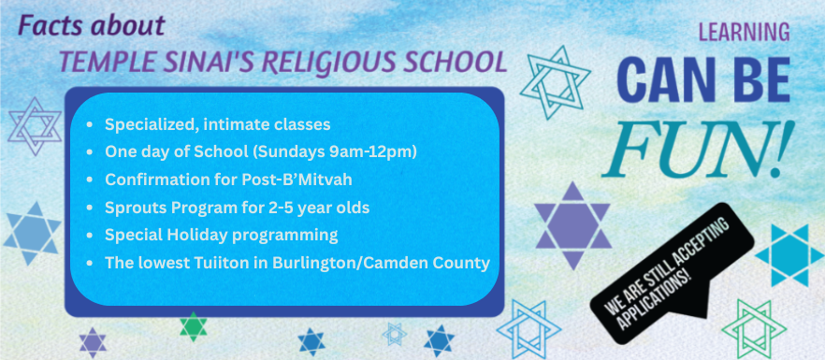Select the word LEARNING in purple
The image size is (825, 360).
[744, 32]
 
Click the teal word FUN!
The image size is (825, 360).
[697, 149]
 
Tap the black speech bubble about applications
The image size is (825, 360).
[672, 273]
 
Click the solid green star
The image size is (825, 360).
[193, 326]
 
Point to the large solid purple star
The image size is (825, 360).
[573, 225]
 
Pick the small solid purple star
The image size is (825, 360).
[93, 342]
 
